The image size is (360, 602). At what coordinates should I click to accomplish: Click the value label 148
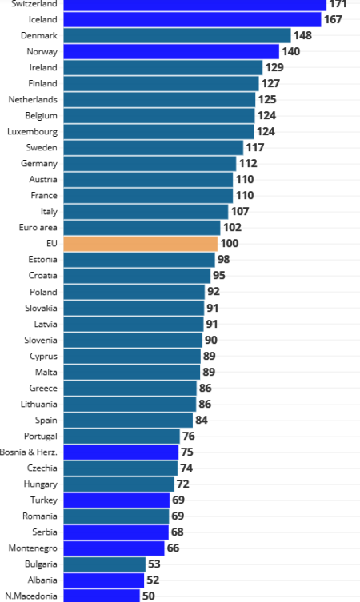302,35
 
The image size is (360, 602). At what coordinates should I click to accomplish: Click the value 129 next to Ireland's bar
274,67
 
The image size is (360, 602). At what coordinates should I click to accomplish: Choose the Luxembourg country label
32,131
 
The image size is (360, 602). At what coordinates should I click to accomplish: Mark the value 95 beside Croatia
219,275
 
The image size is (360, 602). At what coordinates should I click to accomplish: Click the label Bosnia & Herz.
30,452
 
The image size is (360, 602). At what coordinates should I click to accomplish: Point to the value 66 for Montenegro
173,548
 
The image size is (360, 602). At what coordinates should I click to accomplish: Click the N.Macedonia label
31,596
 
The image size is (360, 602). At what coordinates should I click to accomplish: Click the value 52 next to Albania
153,580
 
